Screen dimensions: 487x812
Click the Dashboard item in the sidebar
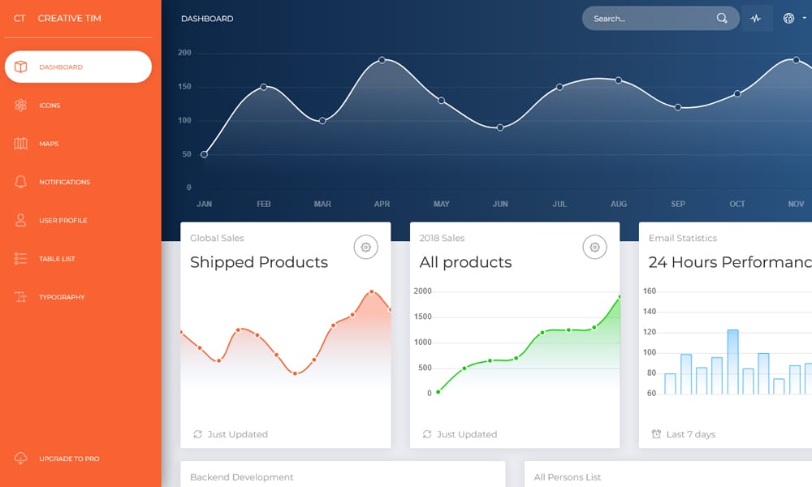coord(61,67)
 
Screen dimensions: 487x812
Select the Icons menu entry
coord(50,106)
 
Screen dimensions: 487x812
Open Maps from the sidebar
coord(49,144)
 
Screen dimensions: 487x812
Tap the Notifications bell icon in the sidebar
coord(21,182)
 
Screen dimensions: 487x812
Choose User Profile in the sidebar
coord(63,220)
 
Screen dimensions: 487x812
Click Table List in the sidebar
coord(57,259)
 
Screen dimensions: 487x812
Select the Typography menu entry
coord(62,297)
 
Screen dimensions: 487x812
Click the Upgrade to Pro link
coord(69,459)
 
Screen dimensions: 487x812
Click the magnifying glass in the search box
coord(722,19)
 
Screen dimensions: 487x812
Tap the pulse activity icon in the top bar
coord(756,19)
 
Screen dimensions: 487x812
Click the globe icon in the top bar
coord(788,19)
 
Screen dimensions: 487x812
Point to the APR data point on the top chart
coord(382,60)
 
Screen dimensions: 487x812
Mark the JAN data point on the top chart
coord(204,154)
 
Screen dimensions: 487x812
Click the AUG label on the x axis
coord(619,204)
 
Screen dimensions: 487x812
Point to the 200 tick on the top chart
coord(184,53)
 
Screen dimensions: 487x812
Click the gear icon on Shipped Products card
coord(366,247)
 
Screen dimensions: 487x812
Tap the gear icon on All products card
coord(595,247)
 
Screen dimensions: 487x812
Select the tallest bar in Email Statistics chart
coord(732,361)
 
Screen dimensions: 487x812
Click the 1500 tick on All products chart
coord(422,317)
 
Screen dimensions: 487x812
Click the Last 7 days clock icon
coord(656,434)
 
